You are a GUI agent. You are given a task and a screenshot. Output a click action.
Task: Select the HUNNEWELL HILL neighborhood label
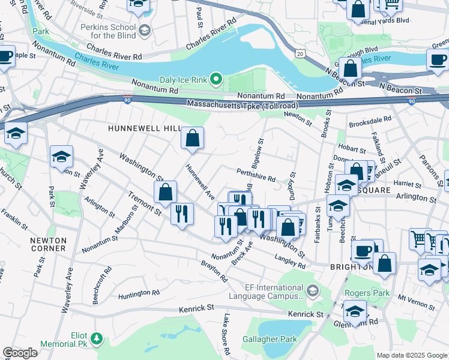(x=144, y=128)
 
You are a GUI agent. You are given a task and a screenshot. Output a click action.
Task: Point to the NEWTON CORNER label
(x=48, y=244)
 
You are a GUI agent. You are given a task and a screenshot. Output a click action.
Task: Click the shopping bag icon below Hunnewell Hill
(x=193, y=139)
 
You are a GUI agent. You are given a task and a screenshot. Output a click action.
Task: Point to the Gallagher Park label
(x=270, y=339)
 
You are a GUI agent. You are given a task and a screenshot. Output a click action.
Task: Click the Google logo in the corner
(x=20, y=353)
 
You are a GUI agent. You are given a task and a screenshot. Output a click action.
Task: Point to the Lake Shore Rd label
(x=227, y=333)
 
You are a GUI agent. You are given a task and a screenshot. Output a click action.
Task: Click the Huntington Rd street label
(x=138, y=293)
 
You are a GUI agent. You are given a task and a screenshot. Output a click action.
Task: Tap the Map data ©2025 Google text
(x=412, y=355)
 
